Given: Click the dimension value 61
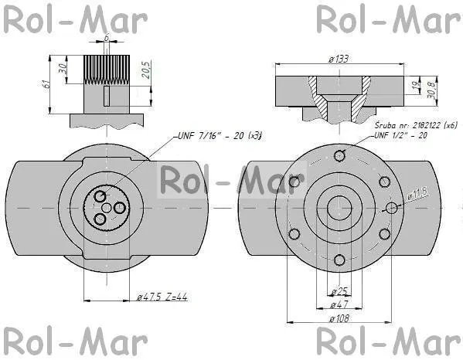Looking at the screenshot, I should (47, 83).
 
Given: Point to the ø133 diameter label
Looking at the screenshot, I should (337, 60).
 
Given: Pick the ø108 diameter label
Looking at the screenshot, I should (339, 318).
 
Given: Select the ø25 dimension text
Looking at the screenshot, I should (339, 291).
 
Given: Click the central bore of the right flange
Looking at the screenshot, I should (339, 208).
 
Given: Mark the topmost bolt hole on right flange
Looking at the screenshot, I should (339, 156).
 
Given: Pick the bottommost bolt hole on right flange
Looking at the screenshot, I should (339, 260).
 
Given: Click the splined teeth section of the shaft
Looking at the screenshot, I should (105, 69).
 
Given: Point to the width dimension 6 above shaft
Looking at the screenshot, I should (106, 36).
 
